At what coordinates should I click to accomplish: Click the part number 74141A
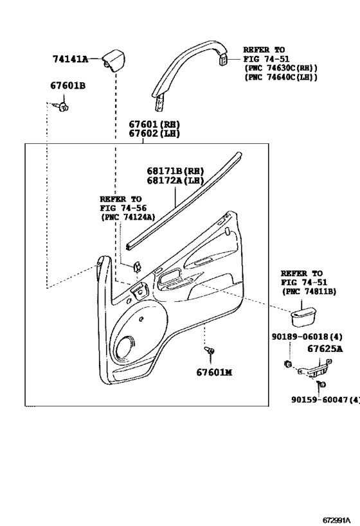point(70,59)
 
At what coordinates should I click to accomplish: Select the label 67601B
point(68,85)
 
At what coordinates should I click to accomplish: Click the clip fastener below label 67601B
point(62,107)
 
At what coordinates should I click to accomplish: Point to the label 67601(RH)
point(154,125)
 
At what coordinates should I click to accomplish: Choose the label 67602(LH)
point(154,134)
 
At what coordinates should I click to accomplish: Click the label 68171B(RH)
point(175,171)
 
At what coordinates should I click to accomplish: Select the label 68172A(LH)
point(175,180)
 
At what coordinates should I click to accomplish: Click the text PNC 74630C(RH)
point(281,68)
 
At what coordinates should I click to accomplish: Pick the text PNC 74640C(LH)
point(281,77)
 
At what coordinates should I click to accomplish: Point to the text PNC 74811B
point(309,292)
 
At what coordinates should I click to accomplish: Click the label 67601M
point(214,373)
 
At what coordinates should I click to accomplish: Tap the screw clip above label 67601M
point(210,351)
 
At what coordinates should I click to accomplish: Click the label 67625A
point(325,349)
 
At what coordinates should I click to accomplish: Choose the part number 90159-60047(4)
point(325,399)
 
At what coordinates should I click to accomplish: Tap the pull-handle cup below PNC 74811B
point(303,317)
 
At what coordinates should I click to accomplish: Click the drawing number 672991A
point(336,520)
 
